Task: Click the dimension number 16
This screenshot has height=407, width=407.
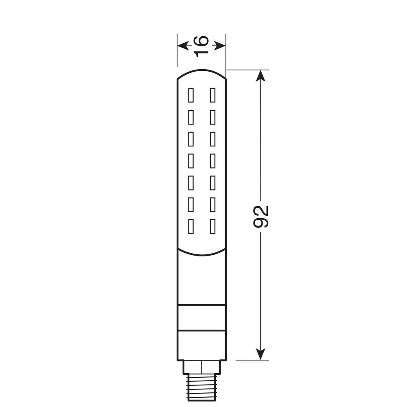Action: [201, 46]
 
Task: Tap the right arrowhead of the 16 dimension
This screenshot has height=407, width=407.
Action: [220, 46]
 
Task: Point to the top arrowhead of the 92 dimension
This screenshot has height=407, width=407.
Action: [260, 76]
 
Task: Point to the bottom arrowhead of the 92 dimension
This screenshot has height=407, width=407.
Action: [260, 354]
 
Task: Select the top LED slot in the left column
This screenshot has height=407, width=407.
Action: [191, 95]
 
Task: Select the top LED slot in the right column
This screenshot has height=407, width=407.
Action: [212, 95]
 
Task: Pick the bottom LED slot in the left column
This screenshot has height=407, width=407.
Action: [191, 226]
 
